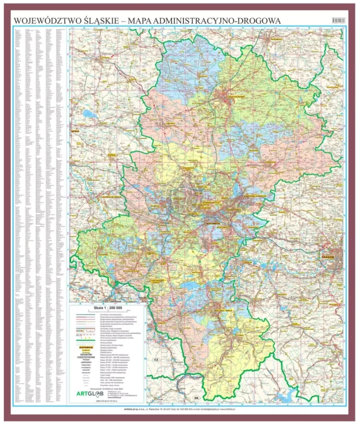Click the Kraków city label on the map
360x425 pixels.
point(329,256)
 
